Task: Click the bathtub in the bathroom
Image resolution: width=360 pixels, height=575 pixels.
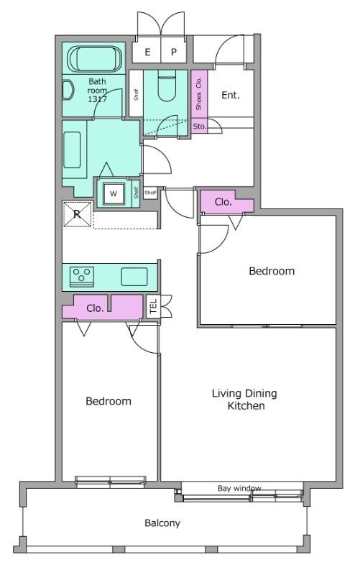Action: [96, 59]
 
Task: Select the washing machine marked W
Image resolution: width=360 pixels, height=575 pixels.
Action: [114, 193]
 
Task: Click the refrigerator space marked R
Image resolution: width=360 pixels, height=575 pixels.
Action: [78, 213]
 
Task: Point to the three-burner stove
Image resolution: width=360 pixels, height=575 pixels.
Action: [82, 277]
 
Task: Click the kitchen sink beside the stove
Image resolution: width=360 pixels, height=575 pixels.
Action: [134, 277]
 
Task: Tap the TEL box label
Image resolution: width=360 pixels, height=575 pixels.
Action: [154, 306]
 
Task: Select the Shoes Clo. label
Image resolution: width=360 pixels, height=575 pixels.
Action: [199, 93]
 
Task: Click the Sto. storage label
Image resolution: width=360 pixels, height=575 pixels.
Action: [200, 126]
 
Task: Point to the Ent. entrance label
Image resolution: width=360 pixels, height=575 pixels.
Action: [231, 96]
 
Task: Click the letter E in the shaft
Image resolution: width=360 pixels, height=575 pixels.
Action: [147, 52]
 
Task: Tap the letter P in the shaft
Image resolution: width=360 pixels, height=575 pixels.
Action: [174, 52]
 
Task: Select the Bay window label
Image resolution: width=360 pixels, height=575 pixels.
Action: [239, 489]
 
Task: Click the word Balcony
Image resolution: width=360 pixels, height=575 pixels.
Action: [162, 523]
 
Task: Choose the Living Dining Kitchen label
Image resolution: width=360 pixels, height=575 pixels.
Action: [245, 400]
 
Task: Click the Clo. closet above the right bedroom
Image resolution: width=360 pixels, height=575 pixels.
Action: [223, 202]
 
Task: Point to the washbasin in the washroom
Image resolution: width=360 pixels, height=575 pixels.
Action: [73, 150]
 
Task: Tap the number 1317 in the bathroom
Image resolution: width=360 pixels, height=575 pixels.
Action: [97, 99]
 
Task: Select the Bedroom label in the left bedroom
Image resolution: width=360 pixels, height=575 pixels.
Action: [109, 401]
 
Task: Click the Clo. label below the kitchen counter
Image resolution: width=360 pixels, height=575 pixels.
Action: [95, 308]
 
